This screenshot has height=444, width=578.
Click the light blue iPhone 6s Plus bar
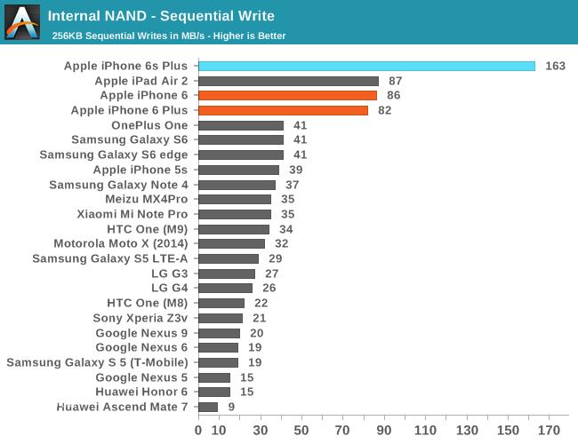click(x=366, y=66)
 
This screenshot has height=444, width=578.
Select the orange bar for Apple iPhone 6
click(x=287, y=95)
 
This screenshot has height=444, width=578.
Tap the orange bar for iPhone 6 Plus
click(x=283, y=110)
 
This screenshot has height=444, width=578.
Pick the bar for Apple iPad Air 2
click(x=288, y=81)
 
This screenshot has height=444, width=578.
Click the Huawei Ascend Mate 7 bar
click(x=208, y=407)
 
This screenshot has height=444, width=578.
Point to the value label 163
click(x=555, y=66)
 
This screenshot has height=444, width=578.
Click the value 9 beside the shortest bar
click(x=231, y=407)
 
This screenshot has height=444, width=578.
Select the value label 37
click(x=292, y=185)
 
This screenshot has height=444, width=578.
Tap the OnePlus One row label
click(x=149, y=125)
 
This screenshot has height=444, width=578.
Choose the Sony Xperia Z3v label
click(x=140, y=318)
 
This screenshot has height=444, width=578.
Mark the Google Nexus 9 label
click(x=142, y=333)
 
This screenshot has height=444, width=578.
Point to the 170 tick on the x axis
click(x=548, y=431)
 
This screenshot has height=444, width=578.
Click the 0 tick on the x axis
click(x=198, y=431)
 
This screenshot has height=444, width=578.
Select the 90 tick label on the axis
click(x=383, y=431)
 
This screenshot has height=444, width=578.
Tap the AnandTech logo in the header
click(x=22, y=22)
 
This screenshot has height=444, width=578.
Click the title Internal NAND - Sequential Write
click(x=161, y=16)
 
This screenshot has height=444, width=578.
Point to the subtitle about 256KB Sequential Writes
click(x=168, y=36)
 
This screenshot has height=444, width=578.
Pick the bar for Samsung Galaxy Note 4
click(x=237, y=185)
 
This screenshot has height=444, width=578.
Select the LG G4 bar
click(x=225, y=288)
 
